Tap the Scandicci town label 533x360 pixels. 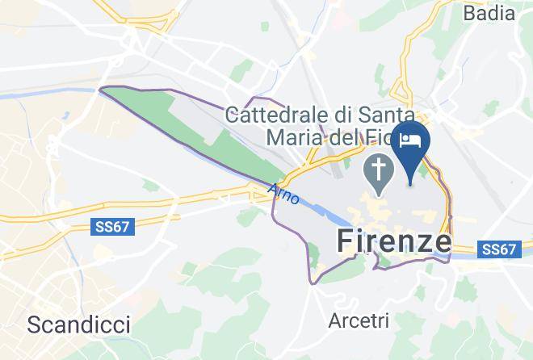(x=78, y=324)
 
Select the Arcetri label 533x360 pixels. (x=359, y=320)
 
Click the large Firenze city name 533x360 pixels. (x=392, y=241)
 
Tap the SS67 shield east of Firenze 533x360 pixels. (x=497, y=249)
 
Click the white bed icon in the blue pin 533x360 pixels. (x=410, y=140)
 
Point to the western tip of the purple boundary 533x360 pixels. (x=99, y=89)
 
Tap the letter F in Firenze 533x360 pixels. (x=343, y=241)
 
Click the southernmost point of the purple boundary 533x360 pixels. (x=313, y=283)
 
